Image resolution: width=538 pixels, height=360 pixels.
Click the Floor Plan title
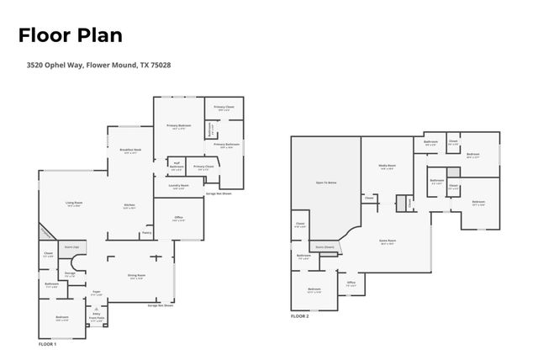coord(71,35)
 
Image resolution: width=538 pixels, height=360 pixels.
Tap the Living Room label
coord(74,204)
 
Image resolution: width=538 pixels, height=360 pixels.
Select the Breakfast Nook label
coord(130,152)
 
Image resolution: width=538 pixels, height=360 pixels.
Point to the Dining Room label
coord(136,277)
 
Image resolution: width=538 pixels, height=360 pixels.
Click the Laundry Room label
coord(177,186)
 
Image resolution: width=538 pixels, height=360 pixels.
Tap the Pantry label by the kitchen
coord(146,233)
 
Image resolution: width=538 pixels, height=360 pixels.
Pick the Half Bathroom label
coord(177,166)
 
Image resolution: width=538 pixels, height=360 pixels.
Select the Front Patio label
coord(97,320)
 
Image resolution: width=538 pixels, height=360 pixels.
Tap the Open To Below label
coord(326,182)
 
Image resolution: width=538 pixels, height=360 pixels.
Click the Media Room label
coord(388,167)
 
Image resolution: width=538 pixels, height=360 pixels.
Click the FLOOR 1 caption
coord(48,345)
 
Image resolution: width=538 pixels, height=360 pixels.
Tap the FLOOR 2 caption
coord(300,316)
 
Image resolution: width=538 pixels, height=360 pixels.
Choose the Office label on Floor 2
coord(351,283)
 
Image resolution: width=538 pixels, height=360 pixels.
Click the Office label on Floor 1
coord(178,218)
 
